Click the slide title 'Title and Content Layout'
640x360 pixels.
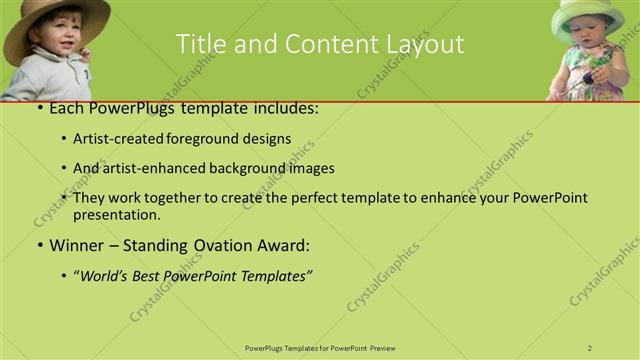pos(319,44)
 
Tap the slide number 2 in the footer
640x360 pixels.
pos(590,348)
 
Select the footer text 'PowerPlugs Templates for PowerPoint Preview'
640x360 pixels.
pos(319,348)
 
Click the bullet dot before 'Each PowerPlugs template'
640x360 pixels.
pos(38,108)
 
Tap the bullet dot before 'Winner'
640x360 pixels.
pos(38,245)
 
